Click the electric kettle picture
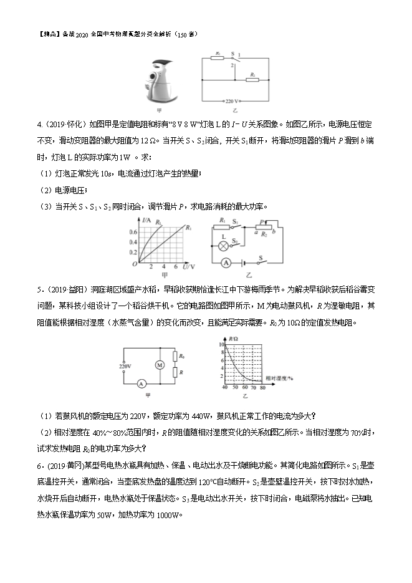tap(163, 82)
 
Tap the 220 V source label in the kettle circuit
tap(233, 100)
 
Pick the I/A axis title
tap(147, 221)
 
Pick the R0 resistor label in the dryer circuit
tap(181, 355)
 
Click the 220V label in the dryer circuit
tap(125, 367)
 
